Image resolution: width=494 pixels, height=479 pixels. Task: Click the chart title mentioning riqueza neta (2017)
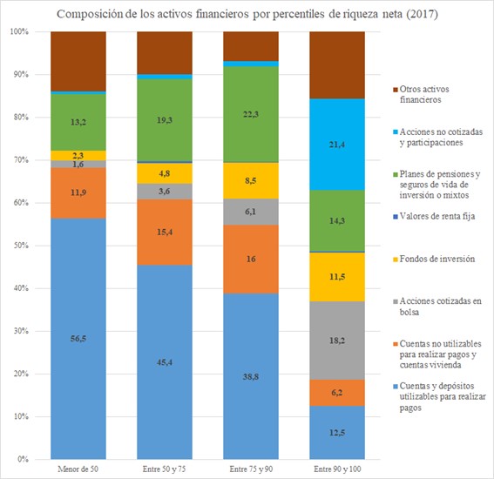[247, 14]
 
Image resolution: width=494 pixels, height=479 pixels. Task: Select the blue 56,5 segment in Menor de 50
[79, 339]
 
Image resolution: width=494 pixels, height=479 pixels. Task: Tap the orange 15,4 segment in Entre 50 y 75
[166, 232]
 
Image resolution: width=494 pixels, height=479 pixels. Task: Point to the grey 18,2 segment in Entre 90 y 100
[338, 341]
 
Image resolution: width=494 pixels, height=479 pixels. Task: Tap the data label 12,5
[338, 433]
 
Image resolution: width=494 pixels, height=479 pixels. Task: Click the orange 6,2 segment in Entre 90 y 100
[338, 393]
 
